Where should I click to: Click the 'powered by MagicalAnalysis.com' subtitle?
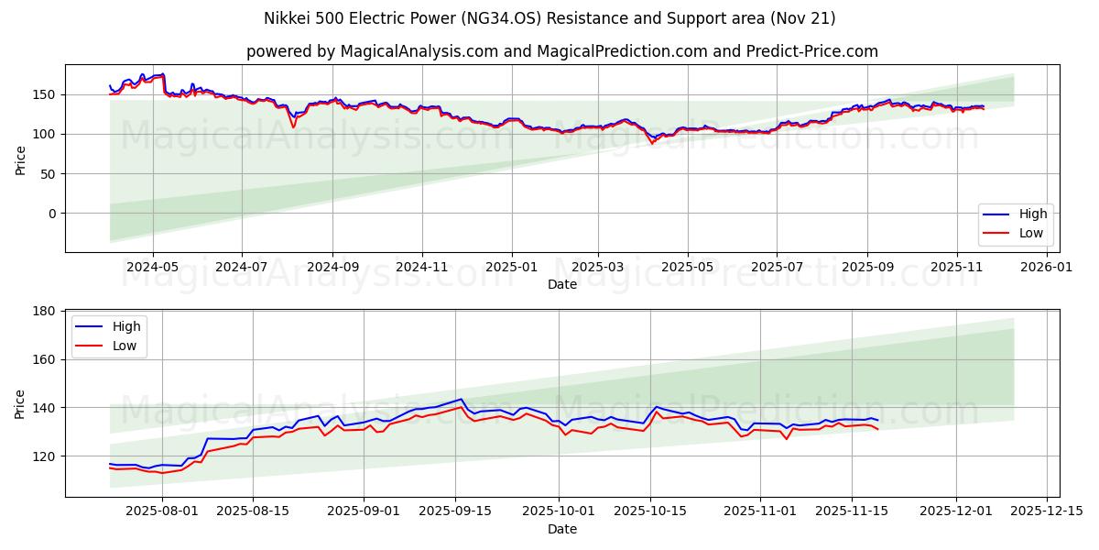click(561, 51)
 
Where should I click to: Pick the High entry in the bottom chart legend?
click(124, 326)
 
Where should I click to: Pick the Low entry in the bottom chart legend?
click(124, 346)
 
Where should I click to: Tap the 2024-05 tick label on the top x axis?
click(152, 267)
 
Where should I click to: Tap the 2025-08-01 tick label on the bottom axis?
click(162, 511)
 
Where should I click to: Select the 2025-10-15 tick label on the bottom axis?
click(650, 511)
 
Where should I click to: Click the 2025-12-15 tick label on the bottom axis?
click(1045, 511)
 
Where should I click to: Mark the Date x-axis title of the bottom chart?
click(561, 529)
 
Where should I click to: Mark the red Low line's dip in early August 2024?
click(293, 126)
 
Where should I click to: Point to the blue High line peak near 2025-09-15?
click(461, 399)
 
